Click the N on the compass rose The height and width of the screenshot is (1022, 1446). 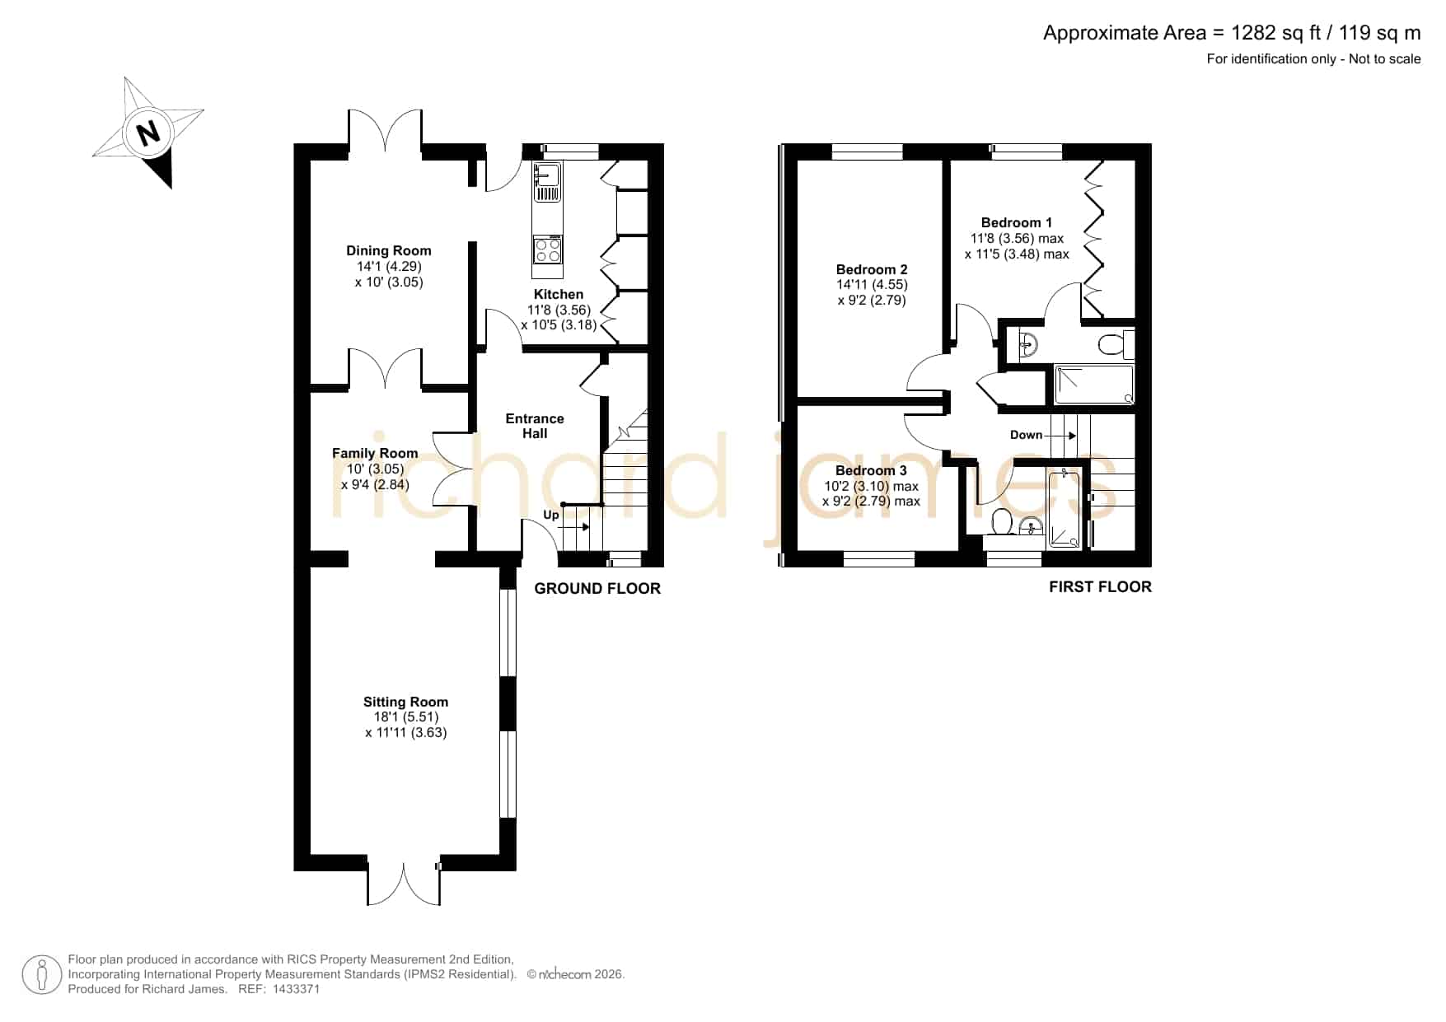tap(148, 133)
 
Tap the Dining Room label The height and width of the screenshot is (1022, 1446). tap(389, 251)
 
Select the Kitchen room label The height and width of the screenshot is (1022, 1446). tap(559, 295)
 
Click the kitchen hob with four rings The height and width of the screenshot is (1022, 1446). tap(548, 250)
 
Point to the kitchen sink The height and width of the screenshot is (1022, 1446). tap(547, 182)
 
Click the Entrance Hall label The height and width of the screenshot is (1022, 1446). tap(535, 426)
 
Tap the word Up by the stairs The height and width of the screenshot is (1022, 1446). tap(551, 516)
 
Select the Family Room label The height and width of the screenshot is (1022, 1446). tap(375, 453)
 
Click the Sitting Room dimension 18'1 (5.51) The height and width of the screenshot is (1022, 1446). tap(406, 717)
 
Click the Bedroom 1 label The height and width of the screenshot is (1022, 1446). tap(1017, 222)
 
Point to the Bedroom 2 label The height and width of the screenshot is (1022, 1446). tap(872, 269)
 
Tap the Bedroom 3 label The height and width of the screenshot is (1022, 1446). tap(871, 470)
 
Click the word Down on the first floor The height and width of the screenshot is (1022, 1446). tap(1027, 435)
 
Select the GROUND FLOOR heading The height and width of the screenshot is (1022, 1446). tap(597, 588)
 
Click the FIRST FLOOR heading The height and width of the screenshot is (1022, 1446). tap(1100, 586)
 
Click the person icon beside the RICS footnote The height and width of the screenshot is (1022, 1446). tap(41, 975)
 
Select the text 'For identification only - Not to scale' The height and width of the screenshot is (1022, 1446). tap(1313, 58)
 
